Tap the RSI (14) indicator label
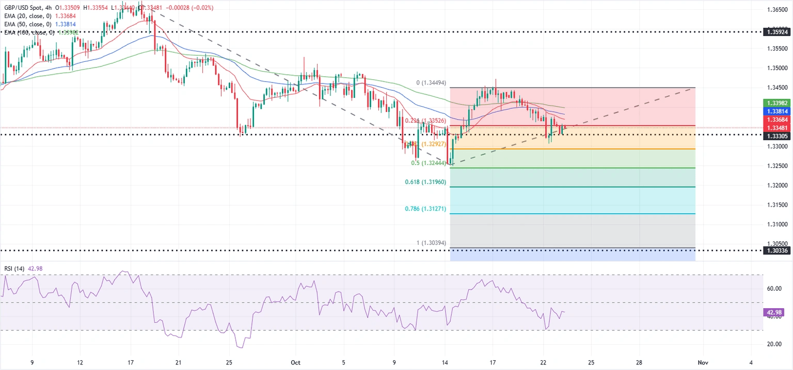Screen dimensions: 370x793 click(x=15, y=268)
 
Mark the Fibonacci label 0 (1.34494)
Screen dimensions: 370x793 click(x=431, y=83)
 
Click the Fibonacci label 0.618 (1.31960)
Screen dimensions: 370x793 click(x=425, y=182)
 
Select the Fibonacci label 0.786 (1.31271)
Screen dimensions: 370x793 click(x=425, y=209)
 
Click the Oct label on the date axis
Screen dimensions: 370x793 click(x=295, y=362)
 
